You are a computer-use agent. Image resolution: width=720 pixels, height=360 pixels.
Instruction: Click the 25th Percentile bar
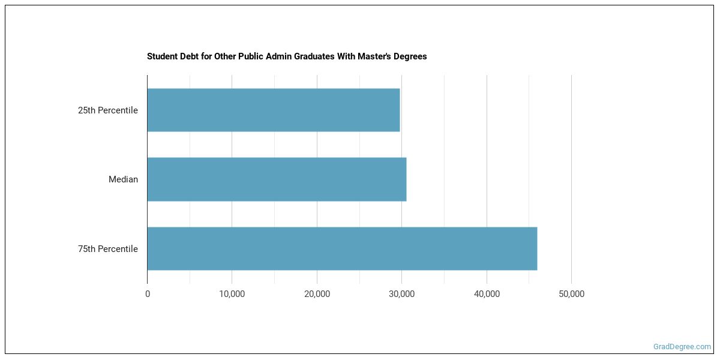(273, 110)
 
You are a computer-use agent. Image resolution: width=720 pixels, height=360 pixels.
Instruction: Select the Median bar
(277, 179)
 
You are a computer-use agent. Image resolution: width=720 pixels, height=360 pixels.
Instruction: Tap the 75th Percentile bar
(342, 248)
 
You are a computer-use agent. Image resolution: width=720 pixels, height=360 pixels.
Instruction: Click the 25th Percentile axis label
(108, 110)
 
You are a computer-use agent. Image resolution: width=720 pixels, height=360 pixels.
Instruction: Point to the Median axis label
(123, 179)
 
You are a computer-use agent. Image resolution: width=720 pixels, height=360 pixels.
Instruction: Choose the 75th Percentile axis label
(108, 249)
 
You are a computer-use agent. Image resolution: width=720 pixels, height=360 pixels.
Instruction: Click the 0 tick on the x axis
(148, 294)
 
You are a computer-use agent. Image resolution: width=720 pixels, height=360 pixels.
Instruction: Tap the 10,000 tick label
(232, 294)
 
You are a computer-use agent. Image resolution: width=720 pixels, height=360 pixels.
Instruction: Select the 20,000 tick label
(317, 294)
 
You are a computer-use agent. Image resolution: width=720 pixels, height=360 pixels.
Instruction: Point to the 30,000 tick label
(402, 294)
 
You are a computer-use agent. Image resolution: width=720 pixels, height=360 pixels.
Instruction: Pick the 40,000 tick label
(487, 294)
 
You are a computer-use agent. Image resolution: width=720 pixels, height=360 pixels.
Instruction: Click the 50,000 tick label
(571, 294)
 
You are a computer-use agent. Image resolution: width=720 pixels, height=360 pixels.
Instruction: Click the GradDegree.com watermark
(682, 346)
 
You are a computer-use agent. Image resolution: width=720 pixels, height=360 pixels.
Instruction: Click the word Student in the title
(161, 56)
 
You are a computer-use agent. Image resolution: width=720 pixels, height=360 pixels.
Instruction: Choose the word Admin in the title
(270, 56)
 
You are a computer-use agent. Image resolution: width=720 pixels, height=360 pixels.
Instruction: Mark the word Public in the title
(243, 56)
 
